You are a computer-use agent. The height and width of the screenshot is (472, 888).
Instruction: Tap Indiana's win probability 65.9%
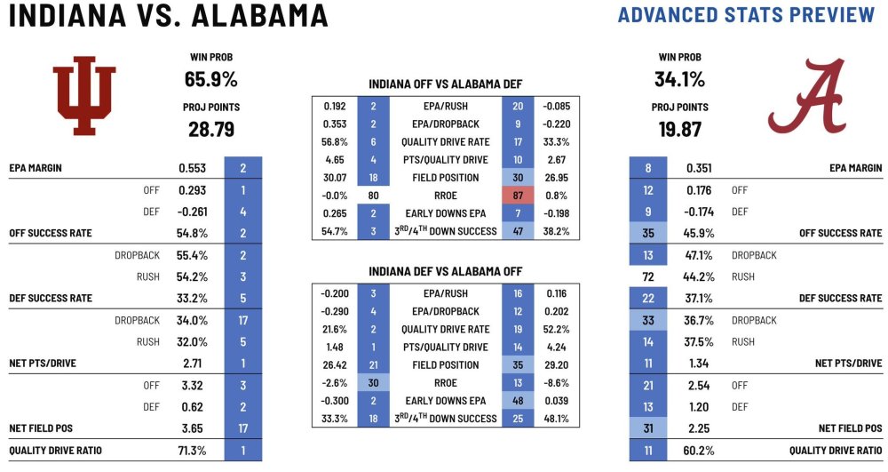[x=210, y=79]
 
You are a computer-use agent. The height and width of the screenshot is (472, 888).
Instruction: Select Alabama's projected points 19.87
[x=679, y=130]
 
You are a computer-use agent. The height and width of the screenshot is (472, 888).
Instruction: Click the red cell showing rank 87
[x=517, y=194]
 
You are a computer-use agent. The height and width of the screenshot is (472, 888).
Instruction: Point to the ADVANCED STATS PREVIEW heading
[x=746, y=15]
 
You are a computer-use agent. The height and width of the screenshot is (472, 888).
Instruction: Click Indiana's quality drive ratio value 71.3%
[x=192, y=451]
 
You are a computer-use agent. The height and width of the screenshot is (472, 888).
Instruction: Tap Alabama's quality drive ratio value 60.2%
[x=699, y=451]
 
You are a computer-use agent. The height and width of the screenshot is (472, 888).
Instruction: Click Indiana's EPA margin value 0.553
[x=193, y=168]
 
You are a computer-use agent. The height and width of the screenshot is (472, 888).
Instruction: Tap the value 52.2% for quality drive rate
[x=555, y=330]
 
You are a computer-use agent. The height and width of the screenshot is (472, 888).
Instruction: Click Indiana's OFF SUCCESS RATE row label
[x=50, y=233]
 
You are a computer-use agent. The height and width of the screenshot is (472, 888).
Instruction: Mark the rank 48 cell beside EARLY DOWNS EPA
[x=517, y=401]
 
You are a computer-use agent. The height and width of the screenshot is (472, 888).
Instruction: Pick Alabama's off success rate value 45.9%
[x=699, y=233]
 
